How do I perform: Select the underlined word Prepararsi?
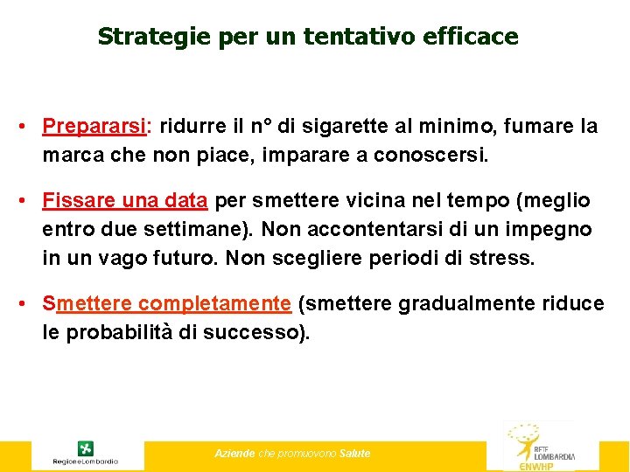pos(94,127)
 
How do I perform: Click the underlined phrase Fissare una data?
pos(125,201)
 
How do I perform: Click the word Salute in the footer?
pos(355,454)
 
